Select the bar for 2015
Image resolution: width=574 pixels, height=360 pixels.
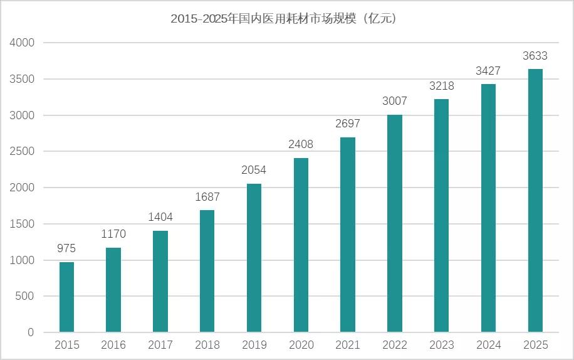tap(66, 297)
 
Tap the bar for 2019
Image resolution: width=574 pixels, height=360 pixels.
tap(254, 258)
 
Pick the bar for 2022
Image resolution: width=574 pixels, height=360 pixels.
tap(395, 223)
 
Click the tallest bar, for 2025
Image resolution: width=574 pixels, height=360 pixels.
tap(535, 201)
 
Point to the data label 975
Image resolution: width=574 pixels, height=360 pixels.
tap(66, 248)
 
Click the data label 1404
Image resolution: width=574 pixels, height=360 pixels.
tap(160, 217)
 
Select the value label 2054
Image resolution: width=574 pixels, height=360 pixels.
tap(254, 170)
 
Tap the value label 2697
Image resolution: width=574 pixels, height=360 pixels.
tap(348, 124)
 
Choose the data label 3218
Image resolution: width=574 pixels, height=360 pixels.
tap(442, 86)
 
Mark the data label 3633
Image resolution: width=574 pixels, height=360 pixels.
tap(535, 56)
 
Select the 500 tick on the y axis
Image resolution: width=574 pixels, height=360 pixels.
tap(25, 297)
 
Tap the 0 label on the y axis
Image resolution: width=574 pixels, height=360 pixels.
tap(31, 333)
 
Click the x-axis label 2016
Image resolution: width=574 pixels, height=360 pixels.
tap(113, 345)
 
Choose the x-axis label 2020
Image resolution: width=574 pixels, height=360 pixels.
tap(301, 345)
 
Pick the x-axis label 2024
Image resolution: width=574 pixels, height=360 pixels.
tap(488, 345)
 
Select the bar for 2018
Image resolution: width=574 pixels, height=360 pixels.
tap(207, 271)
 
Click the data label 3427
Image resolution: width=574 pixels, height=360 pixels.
tap(488, 71)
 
